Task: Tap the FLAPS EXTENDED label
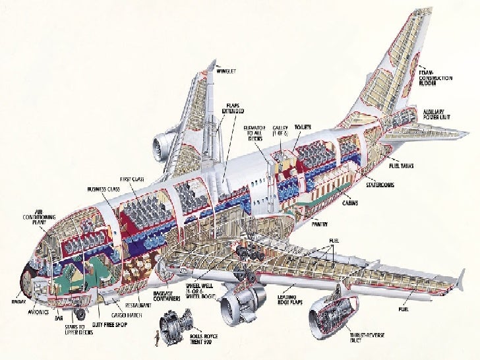point(235,107)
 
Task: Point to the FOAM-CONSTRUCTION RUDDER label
point(435,73)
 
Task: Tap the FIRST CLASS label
point(132,179)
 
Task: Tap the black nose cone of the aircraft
point(28,270)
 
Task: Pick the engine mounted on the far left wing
point(162,145)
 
